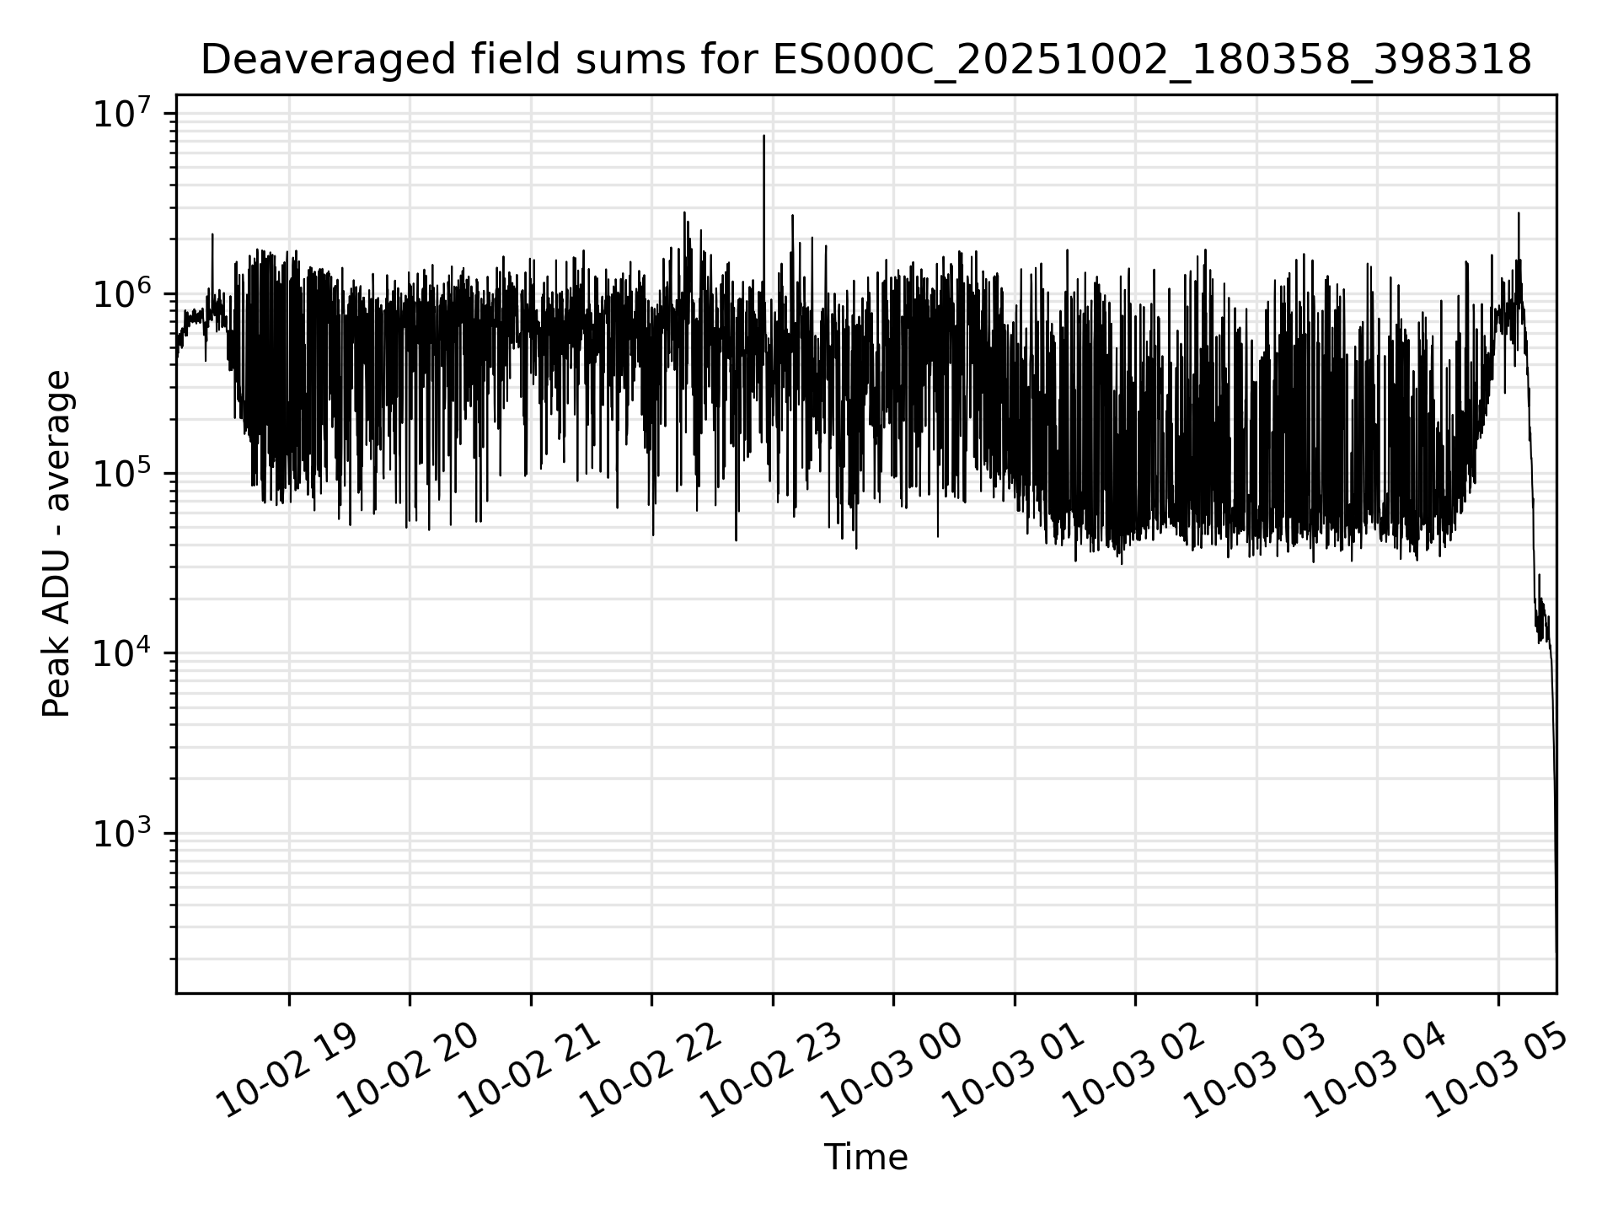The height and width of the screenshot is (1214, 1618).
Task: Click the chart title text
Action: click(x=865, y=61)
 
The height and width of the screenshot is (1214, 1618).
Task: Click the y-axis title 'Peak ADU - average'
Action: click(x=57, y=544)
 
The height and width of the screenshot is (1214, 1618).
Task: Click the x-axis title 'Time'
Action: click(x=865, y=1158)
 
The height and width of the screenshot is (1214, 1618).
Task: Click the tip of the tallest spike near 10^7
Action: click(x=763, y=136)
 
